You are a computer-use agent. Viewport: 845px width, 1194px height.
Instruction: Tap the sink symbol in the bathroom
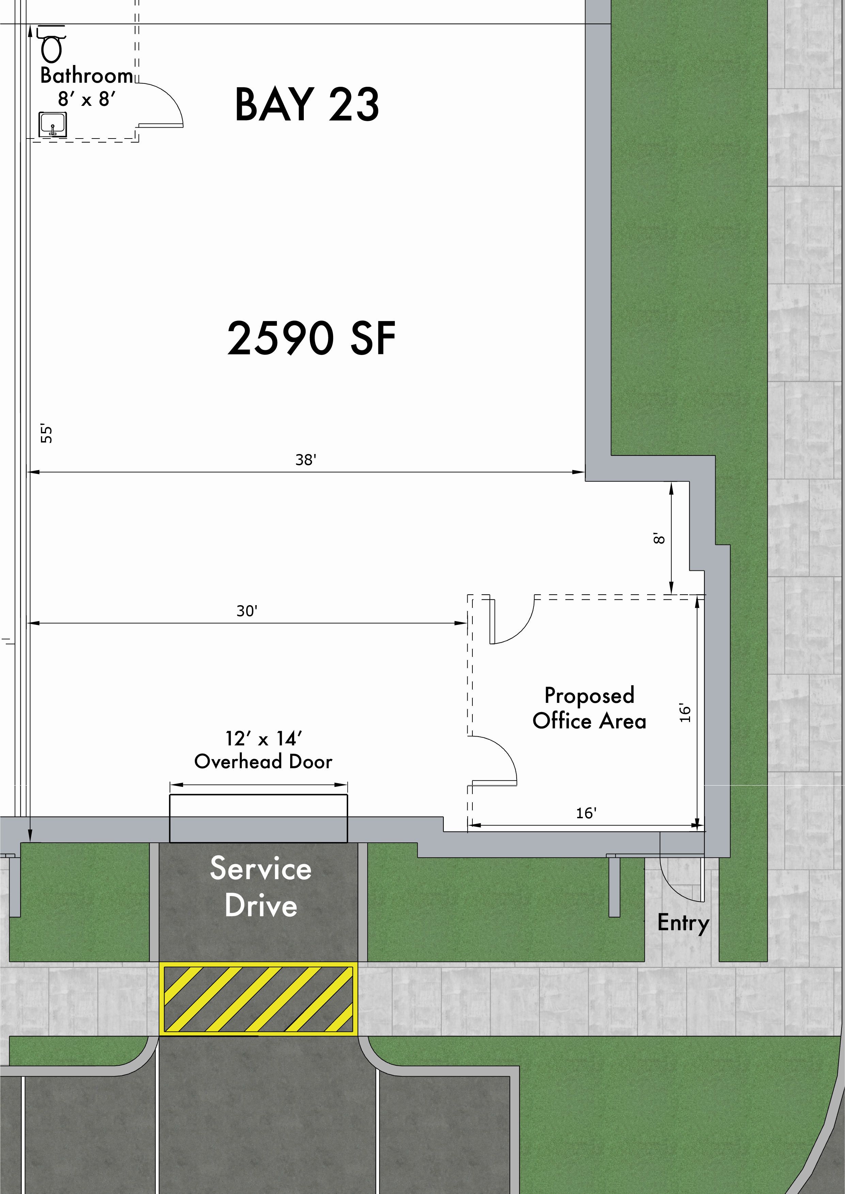[x=52, y=125]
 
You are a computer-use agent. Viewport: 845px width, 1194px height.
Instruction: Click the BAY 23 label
[x=307, y=105]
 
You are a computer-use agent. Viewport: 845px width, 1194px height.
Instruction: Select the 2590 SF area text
[x=311, y=339]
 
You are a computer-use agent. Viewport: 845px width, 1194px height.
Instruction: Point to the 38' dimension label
[x=306, y=460]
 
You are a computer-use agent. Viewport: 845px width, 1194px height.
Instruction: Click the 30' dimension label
[x=247, y=611]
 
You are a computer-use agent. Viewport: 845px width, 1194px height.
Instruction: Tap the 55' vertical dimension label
[x=47, y=434]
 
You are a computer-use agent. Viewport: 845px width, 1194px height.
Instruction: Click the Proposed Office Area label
[x=589, y=708]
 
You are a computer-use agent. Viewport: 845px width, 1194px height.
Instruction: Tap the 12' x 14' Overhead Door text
[x=263, y=750]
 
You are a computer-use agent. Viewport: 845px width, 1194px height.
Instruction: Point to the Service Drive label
[x=261, y=887]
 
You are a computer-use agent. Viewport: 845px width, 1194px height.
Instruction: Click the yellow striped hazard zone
[x=258, y=999]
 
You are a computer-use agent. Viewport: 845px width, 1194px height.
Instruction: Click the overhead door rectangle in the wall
[x=258, y=819]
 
